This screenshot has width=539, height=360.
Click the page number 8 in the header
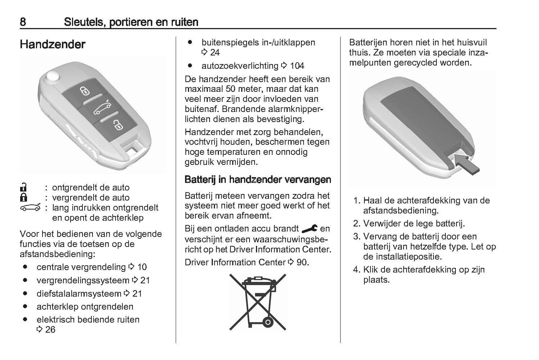tap(23, 22)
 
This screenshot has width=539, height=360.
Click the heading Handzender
tap(53, 44)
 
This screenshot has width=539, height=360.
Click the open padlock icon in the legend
tap(23, 187)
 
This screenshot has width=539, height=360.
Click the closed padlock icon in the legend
tap(23, 197)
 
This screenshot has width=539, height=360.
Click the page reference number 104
tap(297, 66)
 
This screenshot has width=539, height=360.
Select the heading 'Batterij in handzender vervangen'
tap(258, 179)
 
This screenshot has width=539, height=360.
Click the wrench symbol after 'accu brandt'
tap(309, 228)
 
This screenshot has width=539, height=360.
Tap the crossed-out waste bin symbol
tap(258, 302)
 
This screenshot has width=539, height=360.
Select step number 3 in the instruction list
tap(356, 237)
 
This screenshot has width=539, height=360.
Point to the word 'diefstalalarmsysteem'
tap(79, 294)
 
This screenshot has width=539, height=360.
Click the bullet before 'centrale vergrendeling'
tap(25, 267)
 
